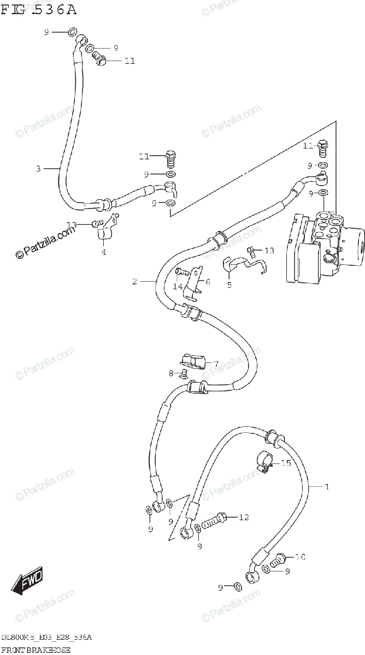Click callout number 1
tap(327, 486)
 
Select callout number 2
tap(134, 282)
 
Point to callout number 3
tap(38, 169)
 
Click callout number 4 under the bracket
tap(103, 252)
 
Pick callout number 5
tap(229, 284)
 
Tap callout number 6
tap(208, 282)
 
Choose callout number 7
tap(216, 364)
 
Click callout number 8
tap(171, 373)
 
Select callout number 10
tap(300, 557)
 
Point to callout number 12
tap(244, 517)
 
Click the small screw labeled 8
tap(183, 374)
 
